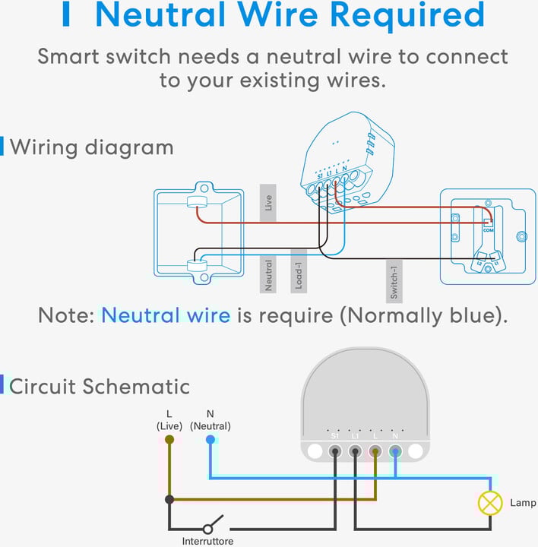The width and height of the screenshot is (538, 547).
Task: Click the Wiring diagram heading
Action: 91,147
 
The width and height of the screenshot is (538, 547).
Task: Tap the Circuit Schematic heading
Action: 100,386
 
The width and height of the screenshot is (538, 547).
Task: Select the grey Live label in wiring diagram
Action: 267,203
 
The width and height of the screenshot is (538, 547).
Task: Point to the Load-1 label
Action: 299,271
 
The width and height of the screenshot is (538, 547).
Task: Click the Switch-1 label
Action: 394,279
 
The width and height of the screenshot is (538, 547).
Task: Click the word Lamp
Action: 523,503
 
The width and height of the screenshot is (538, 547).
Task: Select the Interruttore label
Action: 207,541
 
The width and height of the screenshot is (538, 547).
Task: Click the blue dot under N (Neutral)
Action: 210,439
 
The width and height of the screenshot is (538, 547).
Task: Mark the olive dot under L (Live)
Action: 169,439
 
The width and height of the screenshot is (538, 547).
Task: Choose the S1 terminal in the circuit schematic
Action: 335,451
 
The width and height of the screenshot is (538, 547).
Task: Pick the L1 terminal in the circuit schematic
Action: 355,451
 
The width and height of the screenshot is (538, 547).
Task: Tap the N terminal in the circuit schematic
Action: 395,451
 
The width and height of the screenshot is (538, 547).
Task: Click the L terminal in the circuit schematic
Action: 375,451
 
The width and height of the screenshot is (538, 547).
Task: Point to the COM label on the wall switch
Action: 488,229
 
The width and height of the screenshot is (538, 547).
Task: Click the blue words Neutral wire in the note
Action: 166,315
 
